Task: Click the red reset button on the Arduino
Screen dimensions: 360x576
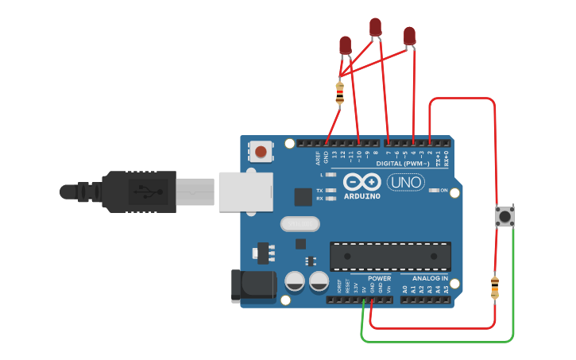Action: (260, 150)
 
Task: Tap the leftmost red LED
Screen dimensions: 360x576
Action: (345, 45)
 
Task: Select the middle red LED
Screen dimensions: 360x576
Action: (375, 28)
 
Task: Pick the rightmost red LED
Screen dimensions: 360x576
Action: (409, 36)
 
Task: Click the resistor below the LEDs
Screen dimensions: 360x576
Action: (340, 93)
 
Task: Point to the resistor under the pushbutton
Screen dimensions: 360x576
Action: (495, 288)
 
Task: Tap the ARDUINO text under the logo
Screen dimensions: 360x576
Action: (362, 195)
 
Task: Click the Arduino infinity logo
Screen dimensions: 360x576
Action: (362, 181)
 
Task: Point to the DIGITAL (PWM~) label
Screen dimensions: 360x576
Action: (403, 163)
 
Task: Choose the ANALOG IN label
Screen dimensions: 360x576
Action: (429, 279)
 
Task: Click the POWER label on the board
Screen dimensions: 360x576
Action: (379, 279)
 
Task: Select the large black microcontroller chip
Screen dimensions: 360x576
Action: (390, 256)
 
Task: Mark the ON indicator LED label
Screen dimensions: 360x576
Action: (443, 191)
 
